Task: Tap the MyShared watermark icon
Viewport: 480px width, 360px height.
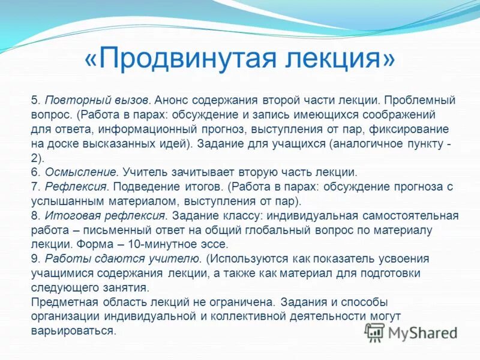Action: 376,331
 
